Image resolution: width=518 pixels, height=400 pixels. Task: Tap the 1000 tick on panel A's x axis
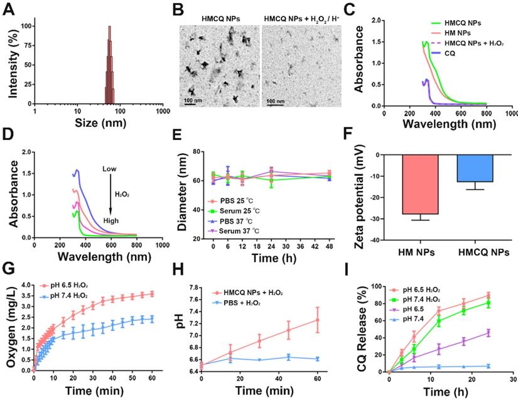click(163, 111)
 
